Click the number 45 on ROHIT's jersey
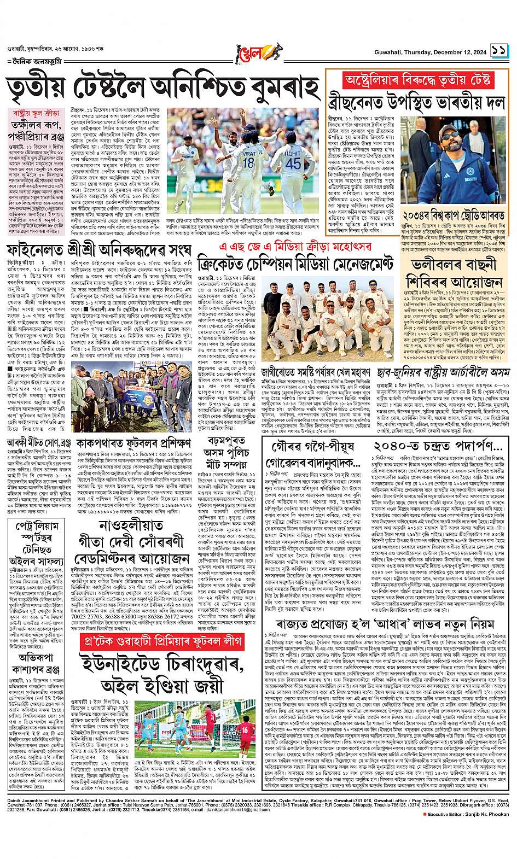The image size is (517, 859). coord(293,163)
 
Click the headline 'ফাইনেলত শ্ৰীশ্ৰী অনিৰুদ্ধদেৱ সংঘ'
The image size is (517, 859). coord(100,251)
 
